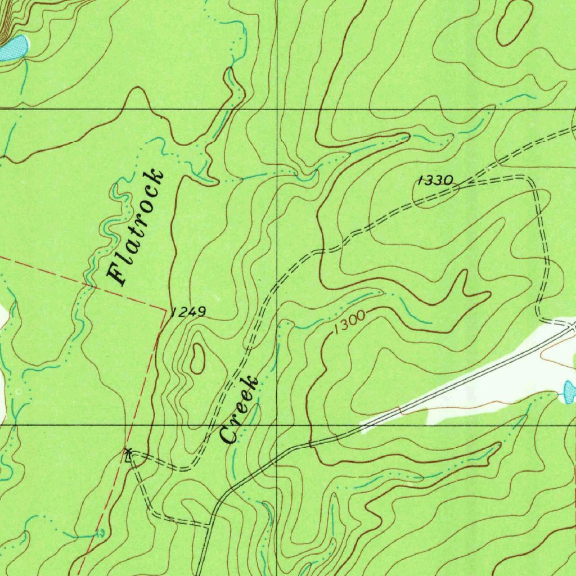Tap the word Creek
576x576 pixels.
pos(240,410)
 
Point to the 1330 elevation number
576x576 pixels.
pos(435,181)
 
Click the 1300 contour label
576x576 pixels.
pos(349,322)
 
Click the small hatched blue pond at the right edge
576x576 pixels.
pos(569,390)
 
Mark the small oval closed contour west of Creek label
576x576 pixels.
pos(197,358)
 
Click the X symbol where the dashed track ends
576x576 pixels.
pos(129,452)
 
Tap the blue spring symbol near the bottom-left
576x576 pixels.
pos(101,532)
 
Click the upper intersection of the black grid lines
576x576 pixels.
pos(277,109)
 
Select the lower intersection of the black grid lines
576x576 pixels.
pos(277,425)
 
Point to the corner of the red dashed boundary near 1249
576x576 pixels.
pos(166,309)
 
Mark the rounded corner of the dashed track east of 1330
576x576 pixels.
pos(532,181)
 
